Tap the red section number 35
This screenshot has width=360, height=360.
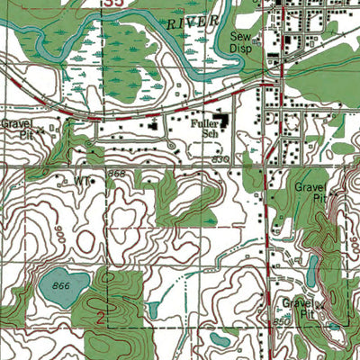point(109,4)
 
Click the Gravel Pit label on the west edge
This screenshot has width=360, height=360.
point(15,127)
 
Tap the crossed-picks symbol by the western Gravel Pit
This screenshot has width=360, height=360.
point(40,129)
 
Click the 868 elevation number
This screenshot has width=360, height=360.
point(115,172)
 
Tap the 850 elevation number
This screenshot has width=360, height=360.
point(282,320)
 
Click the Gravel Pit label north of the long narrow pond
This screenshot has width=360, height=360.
point(310,191)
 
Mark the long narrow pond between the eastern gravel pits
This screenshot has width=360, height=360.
point(310,267)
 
